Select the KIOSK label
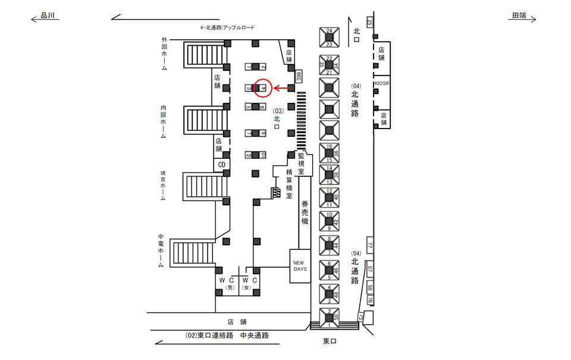coord(382,83)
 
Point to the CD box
coord(221,164)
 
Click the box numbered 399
coord(300,76)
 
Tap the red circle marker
coord(263,88)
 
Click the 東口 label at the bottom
coord(331,341)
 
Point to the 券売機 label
coord(305,212)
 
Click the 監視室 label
coord(302,162)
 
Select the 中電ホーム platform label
coord(161,252)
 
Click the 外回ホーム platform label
coord(164,54)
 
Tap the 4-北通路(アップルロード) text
coord(227,28)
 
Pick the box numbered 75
coord(360,317)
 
